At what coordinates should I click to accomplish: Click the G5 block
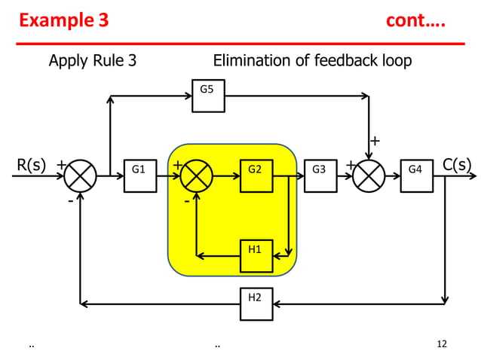coord(207,96)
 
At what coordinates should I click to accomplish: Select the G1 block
coord(139,175)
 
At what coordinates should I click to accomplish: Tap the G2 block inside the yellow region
coord(256,175)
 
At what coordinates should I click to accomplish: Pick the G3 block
coord(320,175)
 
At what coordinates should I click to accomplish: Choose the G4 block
coord(416,175)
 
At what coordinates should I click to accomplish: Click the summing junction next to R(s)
coord(80,176)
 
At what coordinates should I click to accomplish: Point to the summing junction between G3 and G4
coord(369,176)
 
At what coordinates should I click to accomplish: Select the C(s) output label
coord(457,165)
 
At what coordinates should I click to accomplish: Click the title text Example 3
coord(63,20)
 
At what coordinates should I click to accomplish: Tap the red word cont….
coord(415,20)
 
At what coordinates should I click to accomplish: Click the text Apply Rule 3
coord(93,61)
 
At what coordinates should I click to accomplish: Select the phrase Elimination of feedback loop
coord(312,61)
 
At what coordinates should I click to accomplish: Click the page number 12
coord(442,344)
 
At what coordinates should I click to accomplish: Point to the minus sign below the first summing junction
coord(70,201)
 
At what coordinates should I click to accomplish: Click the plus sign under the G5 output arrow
coord(375,141)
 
